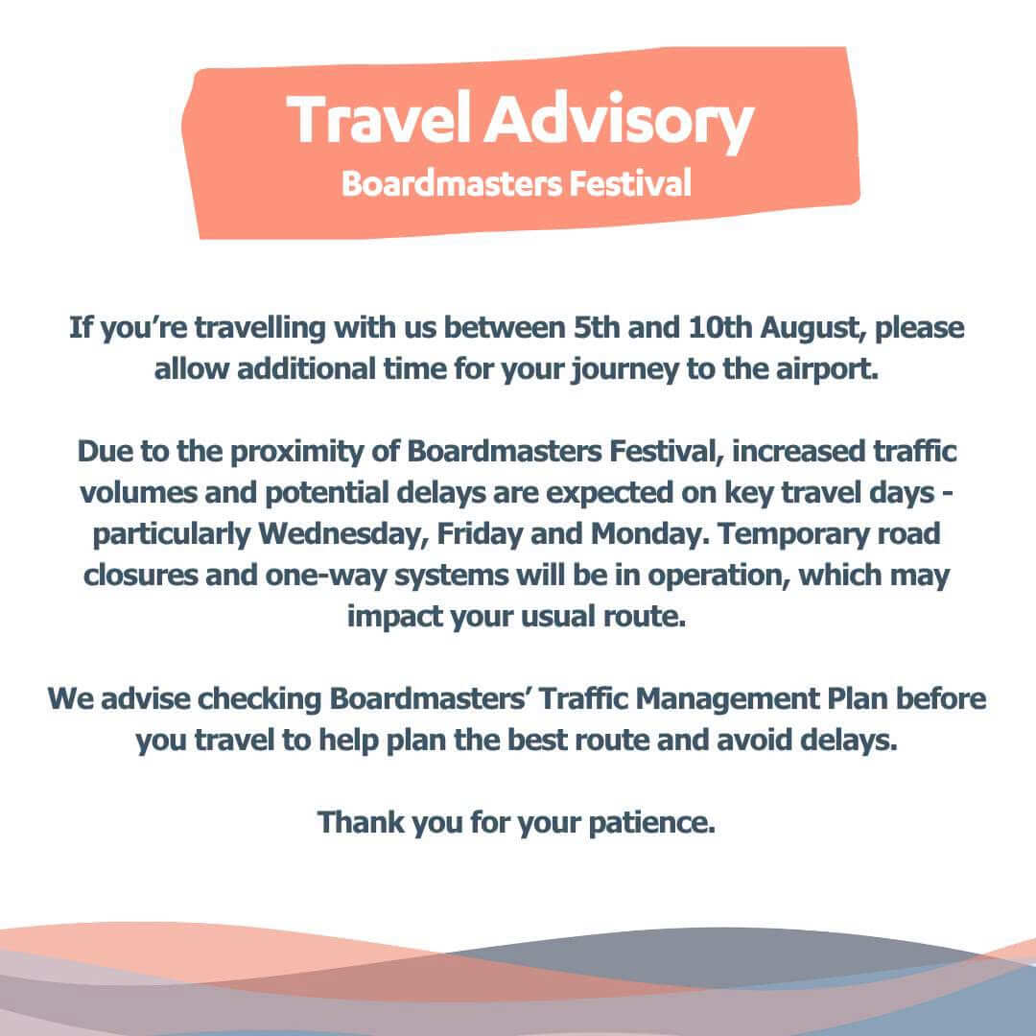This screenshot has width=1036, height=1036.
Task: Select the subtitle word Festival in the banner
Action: coord(629,183)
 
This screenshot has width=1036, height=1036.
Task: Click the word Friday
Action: coord(480,535)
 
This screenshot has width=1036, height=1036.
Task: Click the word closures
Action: coord(141,575)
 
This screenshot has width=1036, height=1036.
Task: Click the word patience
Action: coord(652,824)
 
